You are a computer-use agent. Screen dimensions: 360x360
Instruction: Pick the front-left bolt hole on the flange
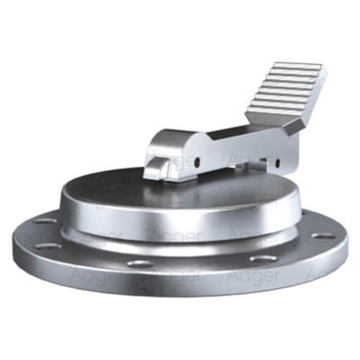[138, 264]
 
